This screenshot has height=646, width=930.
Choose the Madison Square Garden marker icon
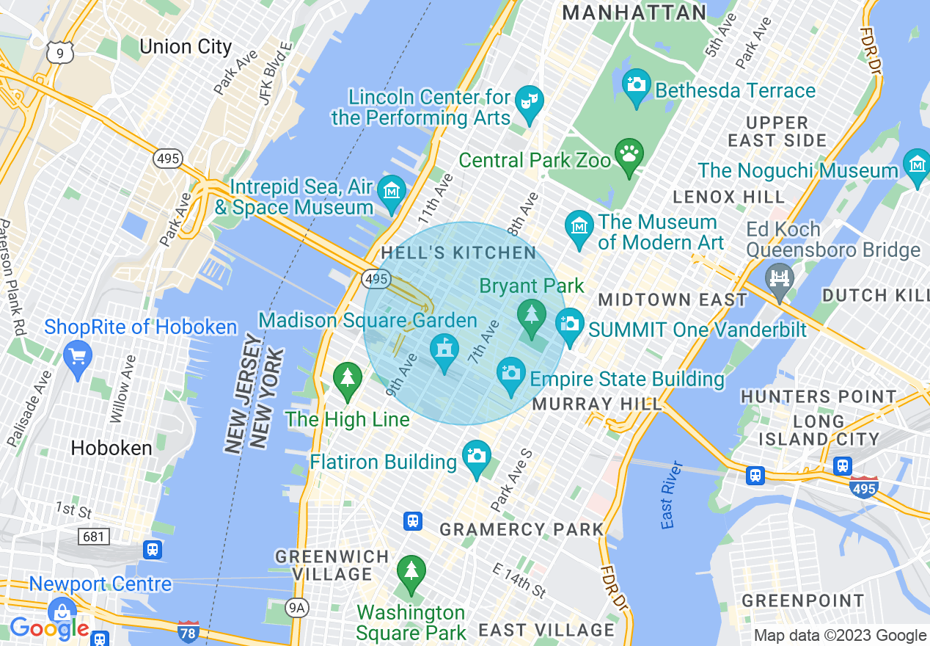tap(444, 350)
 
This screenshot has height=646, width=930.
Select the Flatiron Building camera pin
tap(477, 457)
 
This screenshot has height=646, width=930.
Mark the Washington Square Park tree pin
tap(411, 572)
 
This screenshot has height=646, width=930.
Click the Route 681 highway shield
tap(93, 537)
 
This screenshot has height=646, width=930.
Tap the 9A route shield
tap(297, 607)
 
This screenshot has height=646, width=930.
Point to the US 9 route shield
tap(59, 51)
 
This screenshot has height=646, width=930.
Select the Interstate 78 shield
tap(188, 631)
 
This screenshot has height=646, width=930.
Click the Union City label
tap(186, 47)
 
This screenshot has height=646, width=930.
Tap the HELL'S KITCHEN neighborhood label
tap(458, 253)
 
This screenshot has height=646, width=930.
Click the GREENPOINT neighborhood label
tap(803, 600)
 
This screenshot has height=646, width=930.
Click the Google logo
tap(49, 628)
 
